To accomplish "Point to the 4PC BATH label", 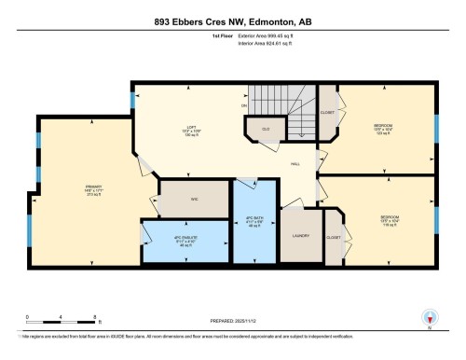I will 254,223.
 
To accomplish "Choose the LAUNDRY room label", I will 300,237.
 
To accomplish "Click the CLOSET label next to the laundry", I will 334,237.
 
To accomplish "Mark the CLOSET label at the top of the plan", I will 327,111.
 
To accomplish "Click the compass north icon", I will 429,317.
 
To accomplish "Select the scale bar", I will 51,326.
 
